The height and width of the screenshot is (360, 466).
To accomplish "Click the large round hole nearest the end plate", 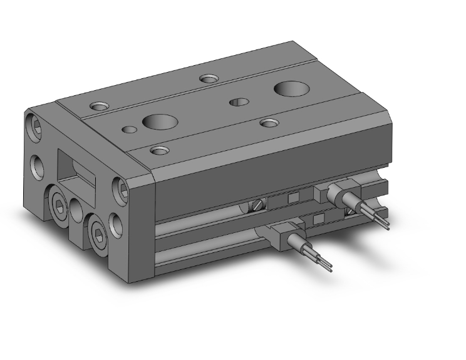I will pyautogui.click(x=154, y=122).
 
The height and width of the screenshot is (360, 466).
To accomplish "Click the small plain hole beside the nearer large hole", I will pyautogui.click(x=129, y=130).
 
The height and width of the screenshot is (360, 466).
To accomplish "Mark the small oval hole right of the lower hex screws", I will pyautogui.click(x=116, y=222).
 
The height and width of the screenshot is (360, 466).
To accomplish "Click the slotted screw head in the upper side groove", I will pyautogui.click(x=257, y=205).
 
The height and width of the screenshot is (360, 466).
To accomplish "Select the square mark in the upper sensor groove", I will pyautogui.click(x=293, y=198).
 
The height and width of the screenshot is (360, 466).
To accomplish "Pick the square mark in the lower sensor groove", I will pyautogui.click(x=319, y=219).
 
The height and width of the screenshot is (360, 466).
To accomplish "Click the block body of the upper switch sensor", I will pyautogui.click(x=332, y=191).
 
